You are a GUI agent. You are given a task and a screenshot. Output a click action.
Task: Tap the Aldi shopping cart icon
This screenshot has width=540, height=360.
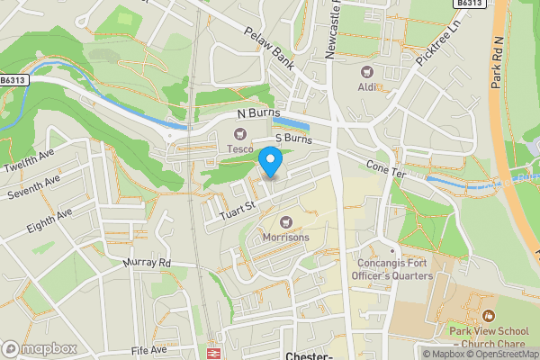click(x=367, y=71)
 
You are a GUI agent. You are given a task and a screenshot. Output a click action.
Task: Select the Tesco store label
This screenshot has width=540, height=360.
click(x=239, y=148)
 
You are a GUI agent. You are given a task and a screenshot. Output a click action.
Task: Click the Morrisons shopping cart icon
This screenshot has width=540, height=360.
click(x=286, y=222)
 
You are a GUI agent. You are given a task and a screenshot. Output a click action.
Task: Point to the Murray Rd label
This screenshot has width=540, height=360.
click(x=147, y=263)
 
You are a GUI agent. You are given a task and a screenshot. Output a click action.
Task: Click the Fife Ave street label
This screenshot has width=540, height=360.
click(x=148, y=349)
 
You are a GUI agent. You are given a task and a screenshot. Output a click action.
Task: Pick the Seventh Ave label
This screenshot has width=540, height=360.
click(x=31, y=190)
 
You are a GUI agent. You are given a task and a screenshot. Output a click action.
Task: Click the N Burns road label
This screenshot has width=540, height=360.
click(x=259, y=114)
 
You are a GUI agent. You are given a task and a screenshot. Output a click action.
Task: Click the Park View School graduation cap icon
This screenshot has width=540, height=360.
click(x=488, y=316)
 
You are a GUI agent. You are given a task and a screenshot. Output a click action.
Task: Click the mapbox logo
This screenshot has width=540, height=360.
click(x=39, y=347)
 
